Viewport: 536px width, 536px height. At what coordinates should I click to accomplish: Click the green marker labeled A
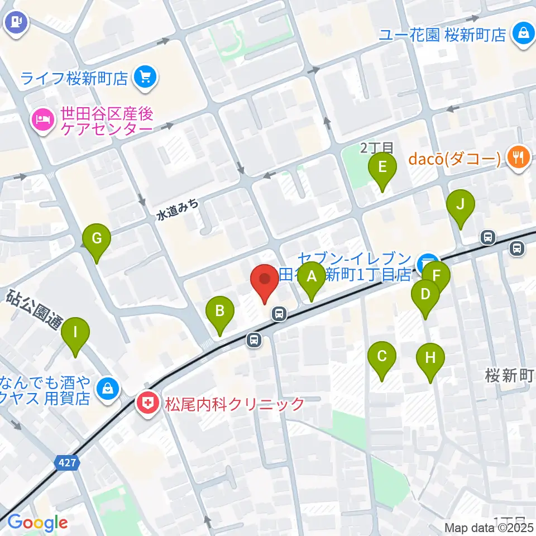(312, 276)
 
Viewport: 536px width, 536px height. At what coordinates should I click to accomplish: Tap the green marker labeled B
(221, 311)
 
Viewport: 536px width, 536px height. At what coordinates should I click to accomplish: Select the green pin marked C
(382, 356)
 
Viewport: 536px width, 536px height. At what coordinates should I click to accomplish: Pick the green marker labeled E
(382, 167)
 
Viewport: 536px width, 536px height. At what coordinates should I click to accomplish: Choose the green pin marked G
(97, 240)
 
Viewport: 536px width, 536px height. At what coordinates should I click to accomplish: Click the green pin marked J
(460, 205)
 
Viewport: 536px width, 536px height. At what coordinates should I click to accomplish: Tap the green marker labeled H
(430, 358)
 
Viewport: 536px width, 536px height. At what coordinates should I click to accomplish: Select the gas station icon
(15, 24)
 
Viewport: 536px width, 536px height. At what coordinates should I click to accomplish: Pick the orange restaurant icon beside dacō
(519, 159)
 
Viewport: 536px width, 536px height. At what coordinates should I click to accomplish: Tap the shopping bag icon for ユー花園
(524, 33)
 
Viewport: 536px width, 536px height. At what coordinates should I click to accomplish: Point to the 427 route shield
(68, 462)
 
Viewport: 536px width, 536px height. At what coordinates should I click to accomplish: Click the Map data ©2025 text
(489, 528)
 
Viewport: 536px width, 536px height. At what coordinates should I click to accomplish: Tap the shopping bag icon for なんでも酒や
(108, 387)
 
